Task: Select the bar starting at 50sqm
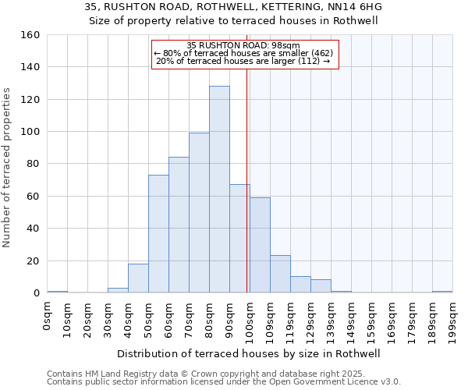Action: click(158, 234)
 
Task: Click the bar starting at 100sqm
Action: click(260, 245)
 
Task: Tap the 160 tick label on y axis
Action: click(30, 35)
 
